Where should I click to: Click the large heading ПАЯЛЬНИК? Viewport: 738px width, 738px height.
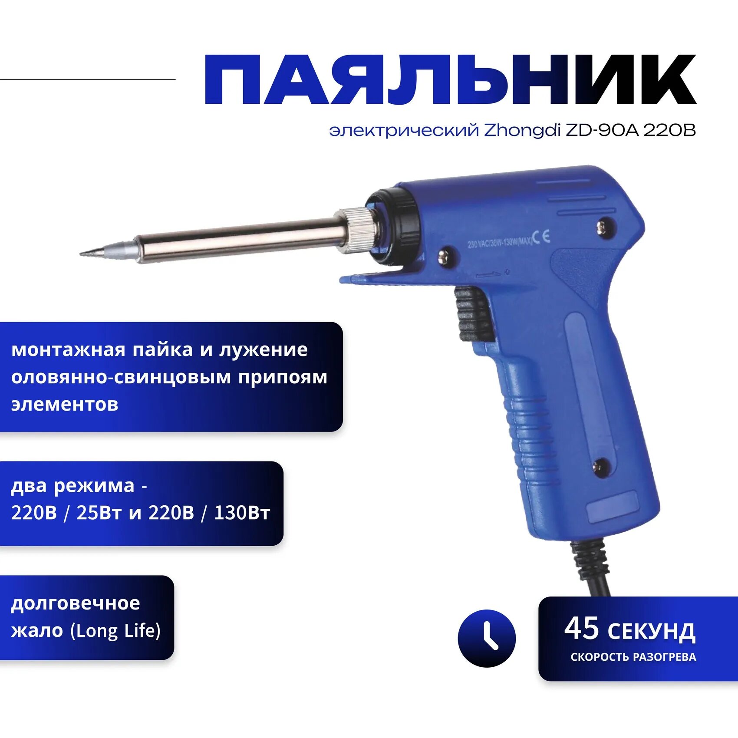[x=450, y=80]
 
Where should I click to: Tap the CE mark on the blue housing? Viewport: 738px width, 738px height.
[x=541, y=237]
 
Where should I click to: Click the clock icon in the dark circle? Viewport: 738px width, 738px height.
[x=487, y=638]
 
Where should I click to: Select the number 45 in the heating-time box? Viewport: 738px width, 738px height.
[x=581, y=629]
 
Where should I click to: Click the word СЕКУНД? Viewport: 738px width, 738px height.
[x=651, y=632]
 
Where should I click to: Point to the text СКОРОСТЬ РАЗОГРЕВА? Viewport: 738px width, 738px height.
[x=633, y=657]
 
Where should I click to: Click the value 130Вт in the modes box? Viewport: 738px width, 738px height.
[x=242, y=513]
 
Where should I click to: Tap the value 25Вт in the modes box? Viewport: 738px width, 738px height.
[x=99, y=513]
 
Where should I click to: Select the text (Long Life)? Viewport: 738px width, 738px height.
[x=115, y=631]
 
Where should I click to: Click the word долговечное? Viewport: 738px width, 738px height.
[x=76, y=603]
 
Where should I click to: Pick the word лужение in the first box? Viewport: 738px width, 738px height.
[x=263, y=350]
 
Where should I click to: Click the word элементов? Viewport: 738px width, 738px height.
[x=65, y=405]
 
